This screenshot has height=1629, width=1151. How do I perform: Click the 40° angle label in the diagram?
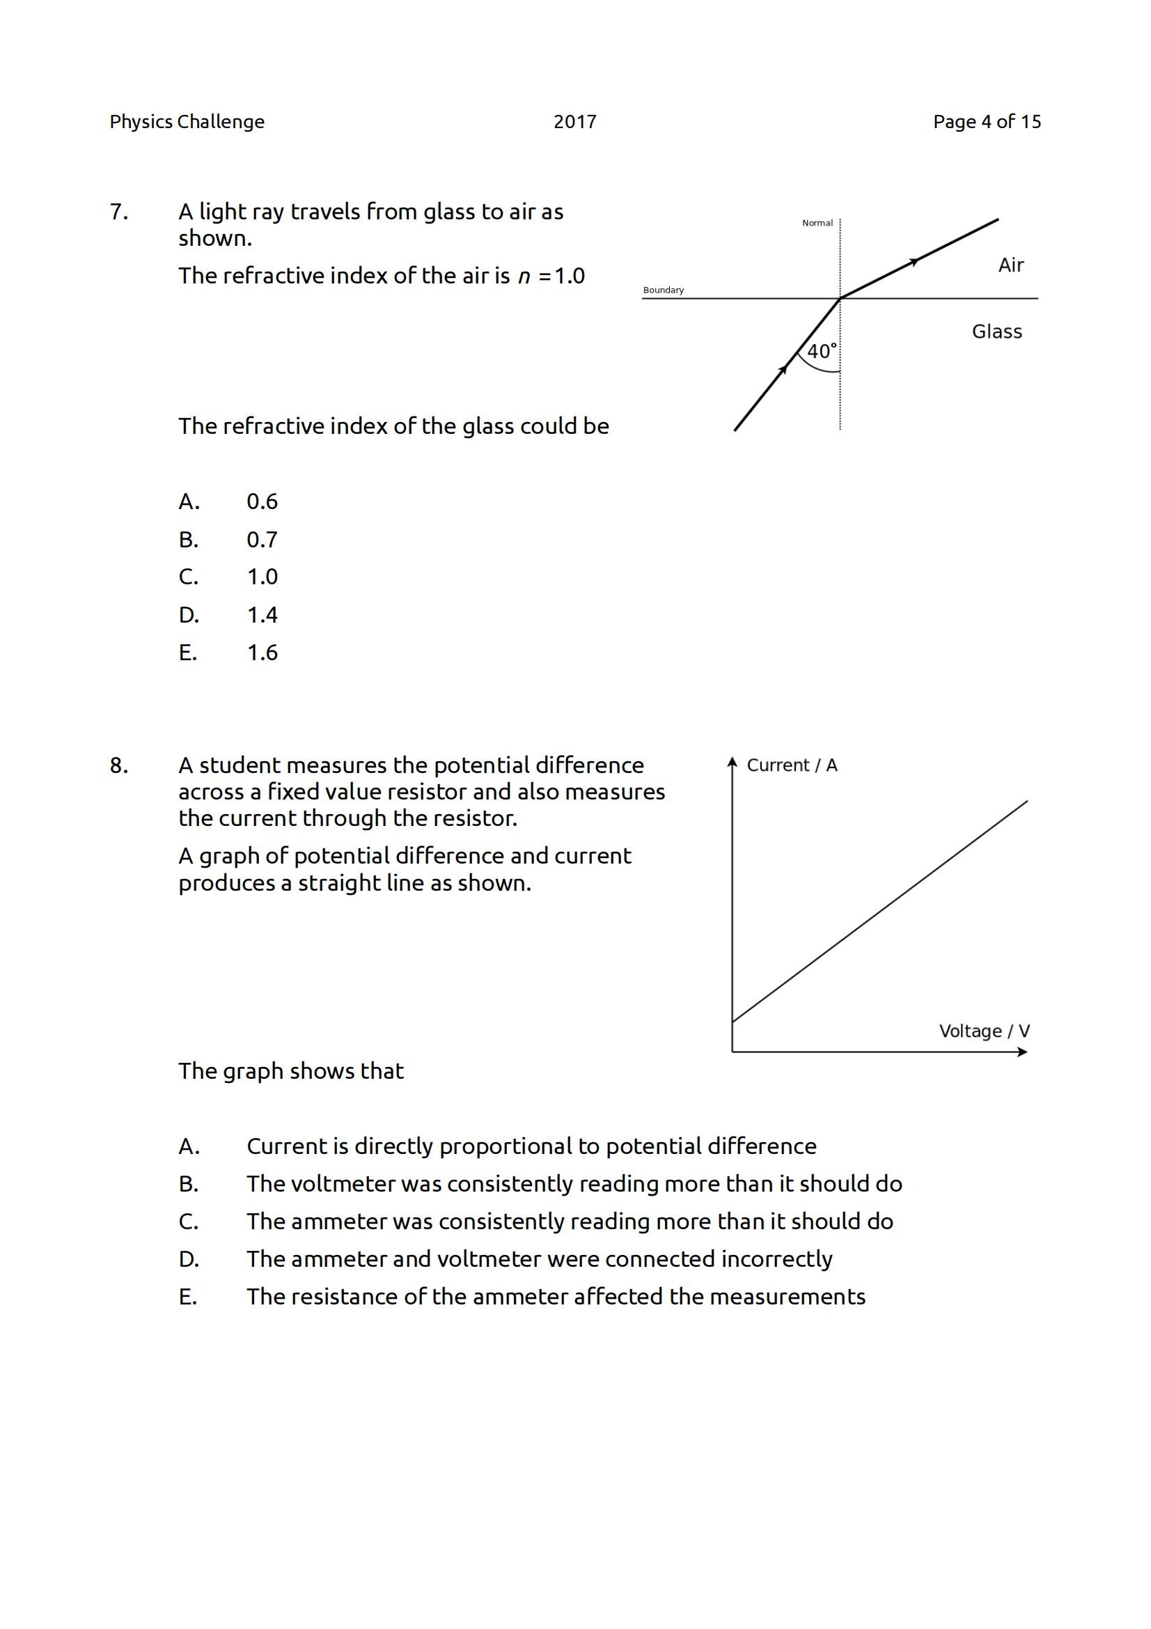822,351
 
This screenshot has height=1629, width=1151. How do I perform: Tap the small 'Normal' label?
817,223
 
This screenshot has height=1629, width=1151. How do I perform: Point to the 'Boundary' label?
663,290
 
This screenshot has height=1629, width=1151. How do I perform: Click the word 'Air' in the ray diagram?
1010,265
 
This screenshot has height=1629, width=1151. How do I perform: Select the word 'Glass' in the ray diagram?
996,332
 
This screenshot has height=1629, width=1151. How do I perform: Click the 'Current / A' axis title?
792,765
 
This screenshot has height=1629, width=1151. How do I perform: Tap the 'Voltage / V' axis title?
984,1031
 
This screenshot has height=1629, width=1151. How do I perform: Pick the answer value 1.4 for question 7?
262,614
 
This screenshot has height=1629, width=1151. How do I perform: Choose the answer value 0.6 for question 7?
262,501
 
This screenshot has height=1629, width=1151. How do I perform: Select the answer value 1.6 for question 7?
262,653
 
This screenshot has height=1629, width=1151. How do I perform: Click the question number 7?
118,212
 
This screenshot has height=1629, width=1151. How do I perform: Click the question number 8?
118,765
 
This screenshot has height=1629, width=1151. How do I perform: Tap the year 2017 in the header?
574,122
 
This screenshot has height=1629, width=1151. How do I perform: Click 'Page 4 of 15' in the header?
987,122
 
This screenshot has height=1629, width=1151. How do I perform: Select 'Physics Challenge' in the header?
187,122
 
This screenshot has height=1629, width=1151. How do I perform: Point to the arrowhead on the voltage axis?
1022,1052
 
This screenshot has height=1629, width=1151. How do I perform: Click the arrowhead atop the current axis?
732,762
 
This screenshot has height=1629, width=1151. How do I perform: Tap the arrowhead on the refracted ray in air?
915,262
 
